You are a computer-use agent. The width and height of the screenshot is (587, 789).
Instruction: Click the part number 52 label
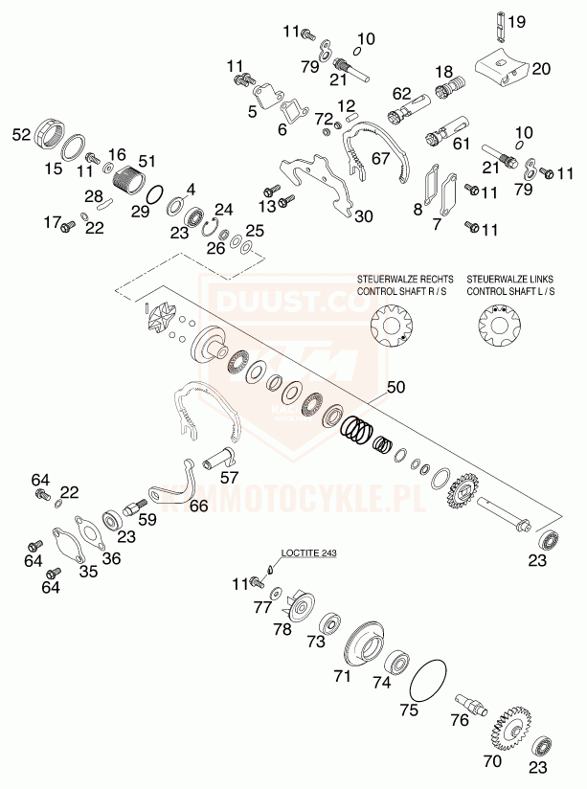click(x=22, y=135)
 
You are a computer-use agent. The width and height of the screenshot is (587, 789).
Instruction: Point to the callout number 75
click(x=410, y=711)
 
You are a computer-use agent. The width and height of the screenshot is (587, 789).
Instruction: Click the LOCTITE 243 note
click(x=309, y=552)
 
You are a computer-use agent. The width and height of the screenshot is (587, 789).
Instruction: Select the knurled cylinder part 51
click(x=127, y=177)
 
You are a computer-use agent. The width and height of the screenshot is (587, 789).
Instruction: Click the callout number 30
click(x=336, y=216)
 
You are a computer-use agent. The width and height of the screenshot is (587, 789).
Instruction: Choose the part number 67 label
click(x=381, y=159)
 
